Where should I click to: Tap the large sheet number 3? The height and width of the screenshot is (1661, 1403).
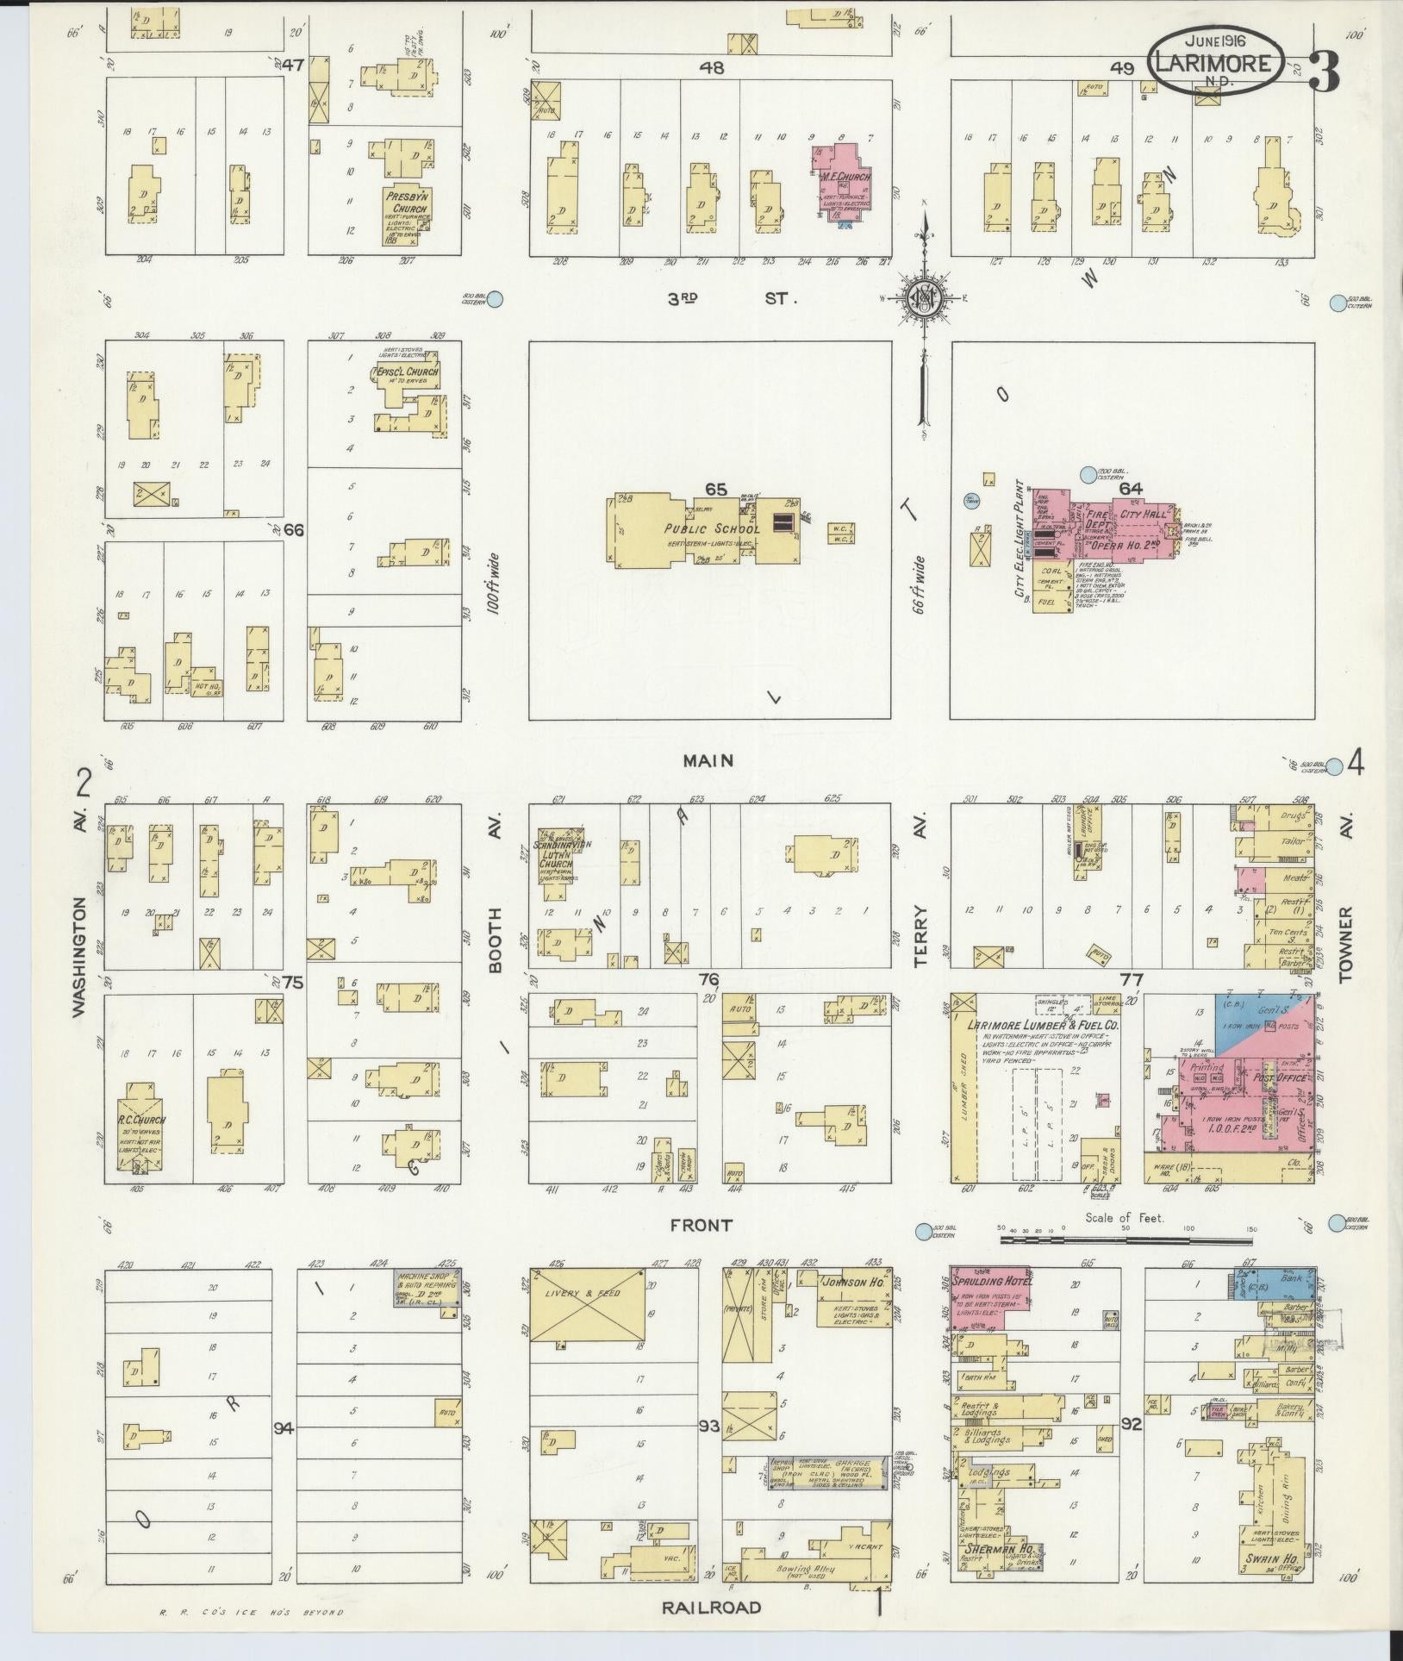pyautogui.click(x=1323, y=72)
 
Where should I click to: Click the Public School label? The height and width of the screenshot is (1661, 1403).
pyautogui.click(x=711, y=528)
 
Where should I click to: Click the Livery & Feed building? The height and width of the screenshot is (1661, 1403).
pyautogui.click(x=587, y=1316)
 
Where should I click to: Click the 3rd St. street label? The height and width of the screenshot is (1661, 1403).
pyautogui.click(x=733, y=298)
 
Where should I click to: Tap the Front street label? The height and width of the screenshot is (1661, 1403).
pyautogui.click(x=707, y=1225)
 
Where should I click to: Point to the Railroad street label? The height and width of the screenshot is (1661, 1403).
pyautogui.click(x=711, y=1607)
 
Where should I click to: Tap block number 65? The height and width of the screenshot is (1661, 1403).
pyautogui.click(x=716, y=490)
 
